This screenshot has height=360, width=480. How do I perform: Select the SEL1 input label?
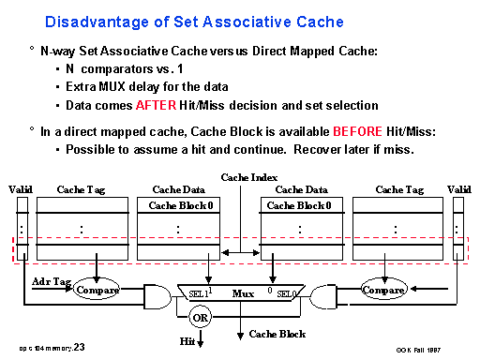tap(198, 293)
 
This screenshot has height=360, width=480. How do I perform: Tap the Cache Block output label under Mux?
tap(280, 335)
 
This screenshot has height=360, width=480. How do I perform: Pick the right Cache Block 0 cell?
tap(294, 205)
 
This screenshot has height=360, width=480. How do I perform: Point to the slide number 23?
tap(79, 347)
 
